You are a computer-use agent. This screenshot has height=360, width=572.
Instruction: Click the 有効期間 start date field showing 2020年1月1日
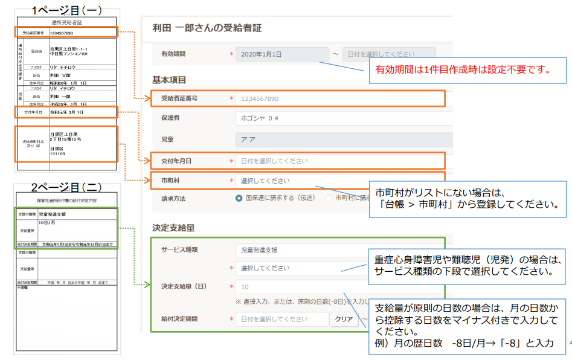[282, 54]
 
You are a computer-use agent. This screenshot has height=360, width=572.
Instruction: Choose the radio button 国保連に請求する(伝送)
[240, 198]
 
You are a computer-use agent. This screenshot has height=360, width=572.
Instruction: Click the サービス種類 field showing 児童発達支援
[302, 249]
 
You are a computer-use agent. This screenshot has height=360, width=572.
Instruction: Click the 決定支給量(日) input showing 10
[302, 287]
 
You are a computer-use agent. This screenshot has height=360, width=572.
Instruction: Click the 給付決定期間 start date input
[281, 319]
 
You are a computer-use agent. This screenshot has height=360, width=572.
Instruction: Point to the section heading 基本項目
[169, 80]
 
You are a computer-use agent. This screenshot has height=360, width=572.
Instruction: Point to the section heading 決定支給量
[173, 228]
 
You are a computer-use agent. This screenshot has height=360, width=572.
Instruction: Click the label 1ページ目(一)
[66, 10]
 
